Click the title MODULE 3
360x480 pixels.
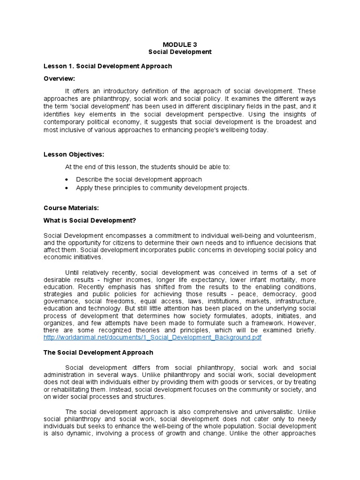pyautogui.click(x=180, y=45)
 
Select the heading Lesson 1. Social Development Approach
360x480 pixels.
pyautogui.click(x=107, y=66)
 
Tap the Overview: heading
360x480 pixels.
pyautogui.click(x=59, y=78)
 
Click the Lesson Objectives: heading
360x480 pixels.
pyautogui.click(x=74, y=154)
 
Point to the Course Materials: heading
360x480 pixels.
pyautogui.click(x=71, y=208)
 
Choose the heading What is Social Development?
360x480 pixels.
pyautogui.click(x=90, y=220)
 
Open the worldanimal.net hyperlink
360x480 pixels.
pyautogui.click(x=152, y=337)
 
